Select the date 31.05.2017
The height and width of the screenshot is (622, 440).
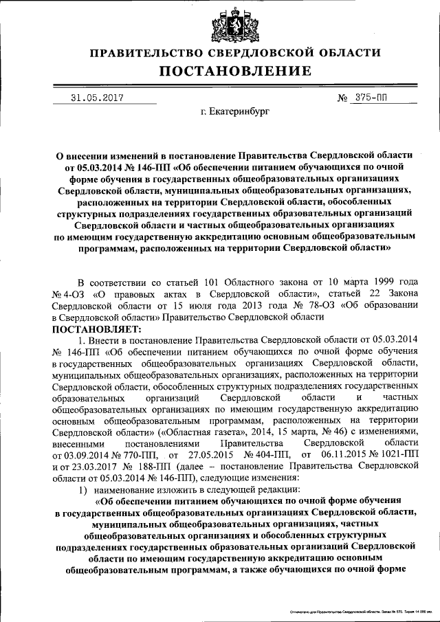[97, 98]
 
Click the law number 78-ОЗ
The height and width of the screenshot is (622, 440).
[314, 306]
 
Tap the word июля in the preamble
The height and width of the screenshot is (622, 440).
[201, 306]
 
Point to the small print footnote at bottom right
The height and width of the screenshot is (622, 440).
[357, 610]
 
